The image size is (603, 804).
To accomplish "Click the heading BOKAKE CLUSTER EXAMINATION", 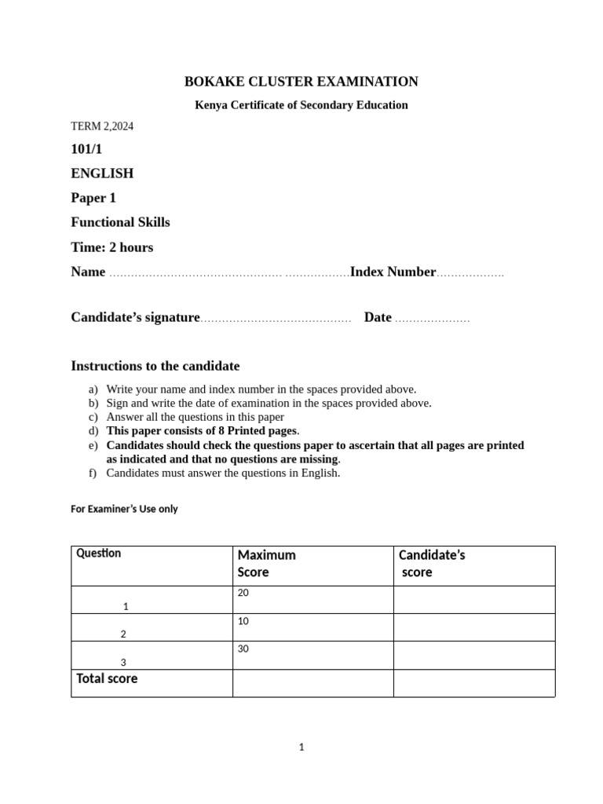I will (301, 82).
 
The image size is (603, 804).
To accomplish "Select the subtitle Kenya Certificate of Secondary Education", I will (301, 105).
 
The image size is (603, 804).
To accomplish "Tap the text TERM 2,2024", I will (102, 126).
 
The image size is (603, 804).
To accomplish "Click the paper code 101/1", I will (87, 149).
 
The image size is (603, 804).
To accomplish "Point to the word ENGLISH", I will (102, 174).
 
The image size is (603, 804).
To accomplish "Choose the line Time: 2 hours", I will (112, 247).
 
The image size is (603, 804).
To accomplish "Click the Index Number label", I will (393, 272).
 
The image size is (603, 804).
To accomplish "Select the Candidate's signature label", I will (136, 317).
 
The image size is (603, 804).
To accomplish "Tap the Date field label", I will (378, 317).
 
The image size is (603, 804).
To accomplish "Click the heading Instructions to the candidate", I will (155, 366).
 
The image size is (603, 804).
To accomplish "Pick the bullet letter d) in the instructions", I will (93, 431).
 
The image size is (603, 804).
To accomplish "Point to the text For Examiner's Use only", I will (124, 509).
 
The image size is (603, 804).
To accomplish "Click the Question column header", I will (99, 554).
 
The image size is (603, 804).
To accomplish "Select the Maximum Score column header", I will (266, 564).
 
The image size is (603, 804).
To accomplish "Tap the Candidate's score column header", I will (432, 564).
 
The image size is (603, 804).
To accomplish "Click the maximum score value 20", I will (243, 593).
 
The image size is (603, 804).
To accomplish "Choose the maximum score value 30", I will (243, 649).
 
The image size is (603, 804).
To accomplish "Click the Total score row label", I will (107, 678).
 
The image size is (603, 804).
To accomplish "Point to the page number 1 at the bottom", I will (301, 747).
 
